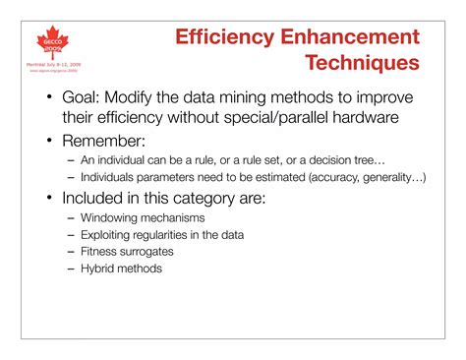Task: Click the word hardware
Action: click(x=374, y=121)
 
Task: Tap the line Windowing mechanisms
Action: click(x=143, y=215)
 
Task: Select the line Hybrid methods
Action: click(x=121, y=268)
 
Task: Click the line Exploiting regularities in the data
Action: click(x=162, y=233)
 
